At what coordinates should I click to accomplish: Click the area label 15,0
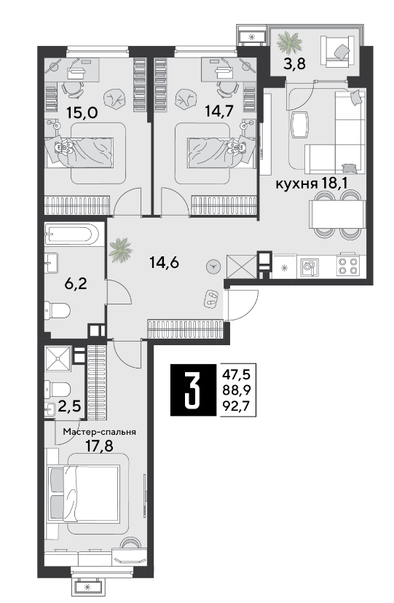tap(82, 113)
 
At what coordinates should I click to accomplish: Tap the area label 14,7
tap(219, 111)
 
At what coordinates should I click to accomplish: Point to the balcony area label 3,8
tap(294, 64)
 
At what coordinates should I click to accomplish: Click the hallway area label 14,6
tap(164, 263)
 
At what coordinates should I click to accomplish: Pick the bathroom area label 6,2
tap(76, 284)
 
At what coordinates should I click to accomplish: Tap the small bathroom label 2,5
tap(70, 406)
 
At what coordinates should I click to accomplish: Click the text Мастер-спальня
tap(100, 432)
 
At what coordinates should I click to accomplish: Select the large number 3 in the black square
tap(193, 390)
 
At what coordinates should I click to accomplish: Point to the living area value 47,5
tap(237, 374)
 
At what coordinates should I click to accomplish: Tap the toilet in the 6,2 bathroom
tap(58, 310)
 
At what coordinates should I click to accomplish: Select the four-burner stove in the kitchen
tap(348, 266)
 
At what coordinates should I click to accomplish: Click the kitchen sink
tap(309, 266)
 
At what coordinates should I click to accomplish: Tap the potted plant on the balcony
tap(289, 44)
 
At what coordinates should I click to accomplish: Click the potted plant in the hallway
tap(120, 250)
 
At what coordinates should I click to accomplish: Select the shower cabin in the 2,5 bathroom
tap(58, 359)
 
